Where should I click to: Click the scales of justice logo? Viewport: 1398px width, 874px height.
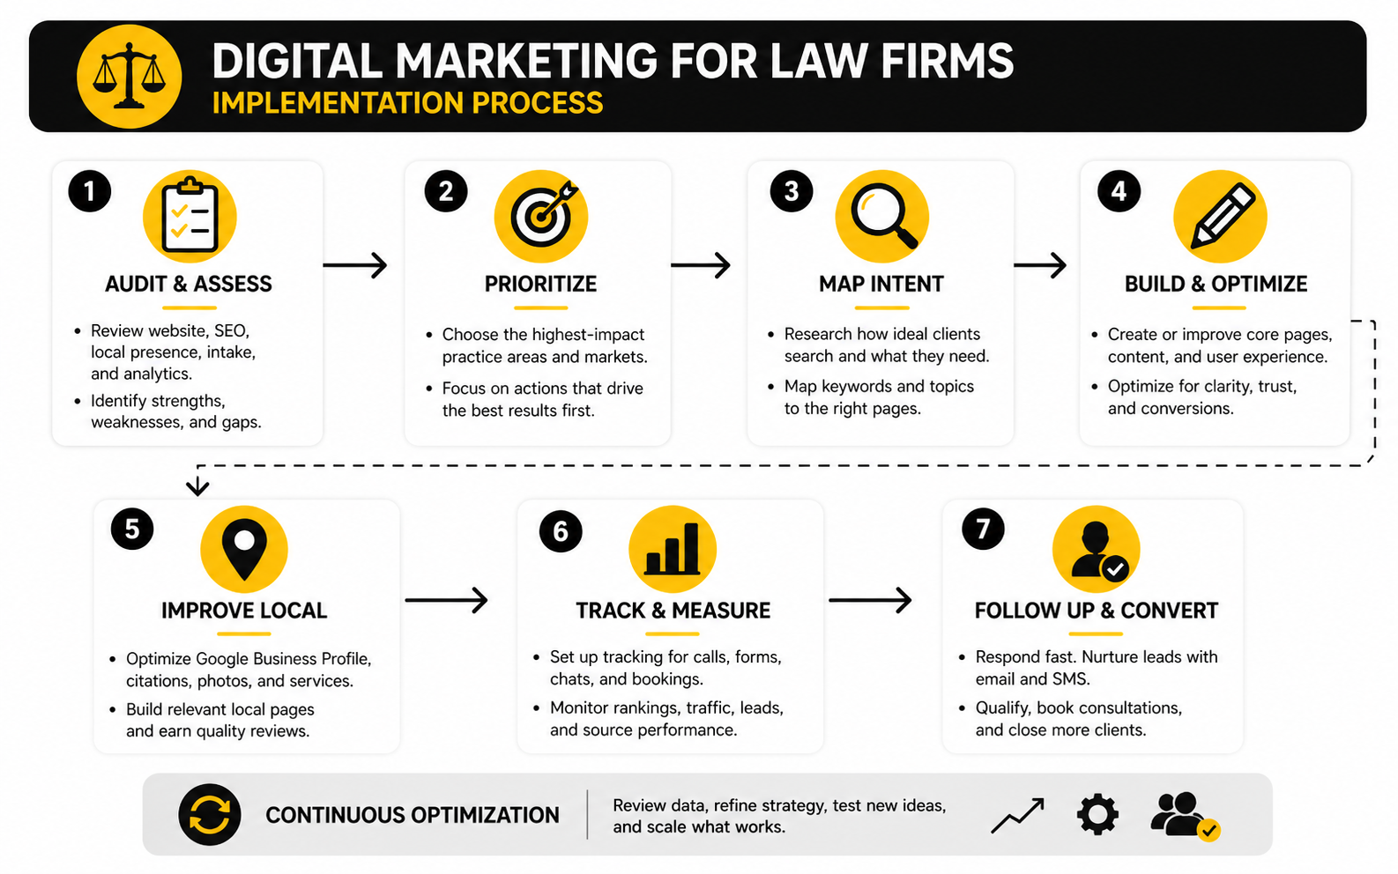130,76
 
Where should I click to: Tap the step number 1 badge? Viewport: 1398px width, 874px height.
90,191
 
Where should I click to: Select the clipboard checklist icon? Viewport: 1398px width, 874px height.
190,217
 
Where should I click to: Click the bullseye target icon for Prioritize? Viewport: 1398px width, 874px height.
541,216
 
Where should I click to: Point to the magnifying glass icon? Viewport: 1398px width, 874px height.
881,217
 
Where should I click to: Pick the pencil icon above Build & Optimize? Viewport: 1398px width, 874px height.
1220,217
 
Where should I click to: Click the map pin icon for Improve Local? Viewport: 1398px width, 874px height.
244,549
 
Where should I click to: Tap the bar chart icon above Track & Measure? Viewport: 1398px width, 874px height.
673,549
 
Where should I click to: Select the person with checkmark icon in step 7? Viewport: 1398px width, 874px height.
1096,549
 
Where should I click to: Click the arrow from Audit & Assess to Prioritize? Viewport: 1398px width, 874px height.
355,266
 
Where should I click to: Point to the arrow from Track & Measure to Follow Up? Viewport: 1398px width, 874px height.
871,600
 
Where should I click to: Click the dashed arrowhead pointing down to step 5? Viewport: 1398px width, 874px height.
197,486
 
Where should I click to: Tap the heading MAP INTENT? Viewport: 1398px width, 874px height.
881,285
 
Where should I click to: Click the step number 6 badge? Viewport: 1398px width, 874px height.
561,531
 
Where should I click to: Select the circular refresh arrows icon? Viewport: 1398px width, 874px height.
210,815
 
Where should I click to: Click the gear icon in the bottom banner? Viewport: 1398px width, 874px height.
1097,814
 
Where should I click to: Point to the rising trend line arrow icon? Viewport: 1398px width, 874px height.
1018,815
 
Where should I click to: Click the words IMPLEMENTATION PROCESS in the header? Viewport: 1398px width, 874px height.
407,103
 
